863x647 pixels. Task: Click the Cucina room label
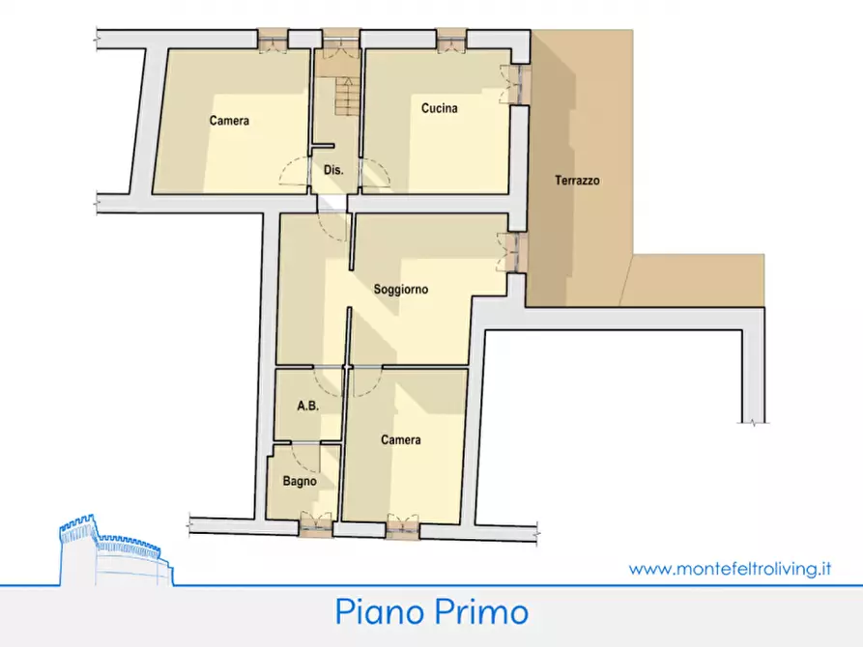[x=439, y=108]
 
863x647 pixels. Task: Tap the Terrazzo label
[x=578, y=181]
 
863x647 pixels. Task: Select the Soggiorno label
[x=401, y=289]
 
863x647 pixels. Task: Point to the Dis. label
[x=333, y=170]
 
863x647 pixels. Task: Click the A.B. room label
[x=307, y=407]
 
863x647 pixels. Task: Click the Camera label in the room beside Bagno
[x=400, y=440]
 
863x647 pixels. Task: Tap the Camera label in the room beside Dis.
[x=229, y=121]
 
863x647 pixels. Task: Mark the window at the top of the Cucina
[x=449, y=41]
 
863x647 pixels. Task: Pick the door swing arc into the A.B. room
[x=329, y=382]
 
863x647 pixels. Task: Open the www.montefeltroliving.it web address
[x=730, y=570]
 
